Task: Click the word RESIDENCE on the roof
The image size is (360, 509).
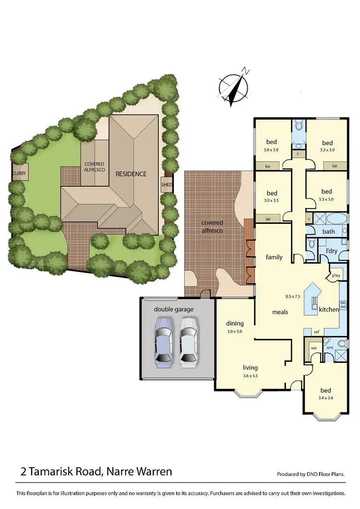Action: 130,174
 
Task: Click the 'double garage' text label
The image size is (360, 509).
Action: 174,309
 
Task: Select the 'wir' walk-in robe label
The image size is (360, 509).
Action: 314,348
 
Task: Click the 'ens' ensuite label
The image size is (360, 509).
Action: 330,348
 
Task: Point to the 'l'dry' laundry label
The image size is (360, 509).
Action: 331,251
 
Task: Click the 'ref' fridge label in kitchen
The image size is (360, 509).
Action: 316,331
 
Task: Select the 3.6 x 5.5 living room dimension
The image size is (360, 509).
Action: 250,376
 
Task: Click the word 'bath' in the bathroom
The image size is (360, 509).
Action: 329,231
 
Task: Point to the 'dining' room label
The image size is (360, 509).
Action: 235,323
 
